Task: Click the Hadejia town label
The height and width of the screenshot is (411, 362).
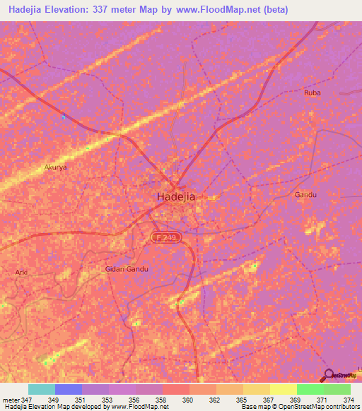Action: [175, 198]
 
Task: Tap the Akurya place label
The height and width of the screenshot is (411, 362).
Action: [55, 168]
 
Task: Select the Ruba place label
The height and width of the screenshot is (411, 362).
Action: [312, 93]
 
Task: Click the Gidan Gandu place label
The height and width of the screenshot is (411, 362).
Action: [128, 269]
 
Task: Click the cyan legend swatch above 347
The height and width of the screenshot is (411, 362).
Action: [42, 389]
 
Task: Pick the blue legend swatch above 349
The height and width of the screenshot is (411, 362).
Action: [69, 389]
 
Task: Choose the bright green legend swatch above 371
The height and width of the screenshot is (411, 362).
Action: [310, 389]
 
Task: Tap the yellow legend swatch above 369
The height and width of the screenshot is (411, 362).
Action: [283, 389]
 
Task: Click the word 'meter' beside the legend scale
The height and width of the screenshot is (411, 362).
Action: [10, 400]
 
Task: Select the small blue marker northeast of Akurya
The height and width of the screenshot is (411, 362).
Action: [64, 117]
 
